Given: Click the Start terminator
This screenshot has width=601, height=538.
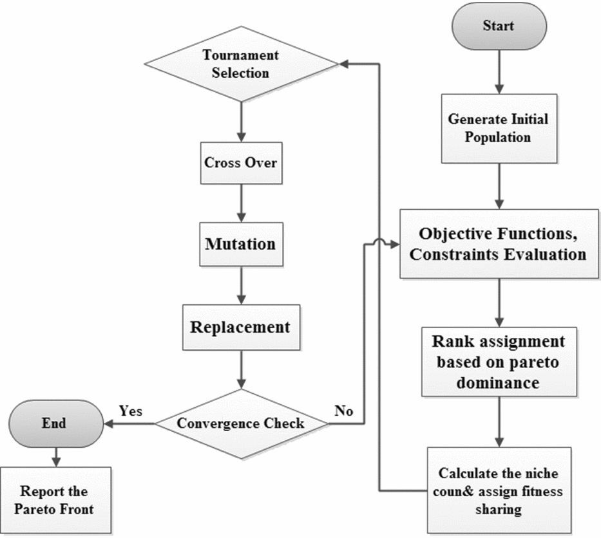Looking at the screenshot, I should click(499, 26).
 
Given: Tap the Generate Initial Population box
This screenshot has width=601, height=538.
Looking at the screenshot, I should click(498, 129).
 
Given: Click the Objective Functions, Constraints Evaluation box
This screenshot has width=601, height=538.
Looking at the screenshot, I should click(499, 244).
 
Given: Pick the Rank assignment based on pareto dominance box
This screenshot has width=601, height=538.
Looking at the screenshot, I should click(499, 362).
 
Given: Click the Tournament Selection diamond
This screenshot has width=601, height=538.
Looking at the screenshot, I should click(242, 64).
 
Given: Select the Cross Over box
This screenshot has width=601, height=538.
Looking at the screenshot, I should click(241, 162).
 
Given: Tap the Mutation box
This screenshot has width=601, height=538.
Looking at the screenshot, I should click(241, 244).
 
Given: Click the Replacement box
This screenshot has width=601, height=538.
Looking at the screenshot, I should click(240, 327).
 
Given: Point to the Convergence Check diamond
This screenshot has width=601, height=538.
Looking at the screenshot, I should click(241, 423).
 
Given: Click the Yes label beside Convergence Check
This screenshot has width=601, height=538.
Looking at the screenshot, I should click(131, 411).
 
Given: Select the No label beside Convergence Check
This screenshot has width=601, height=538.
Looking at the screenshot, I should click(344, 411).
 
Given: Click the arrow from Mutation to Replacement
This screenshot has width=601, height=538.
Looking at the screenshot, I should click(241, 286).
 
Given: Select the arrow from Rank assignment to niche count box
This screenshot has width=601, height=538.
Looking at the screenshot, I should click(499, 422).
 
